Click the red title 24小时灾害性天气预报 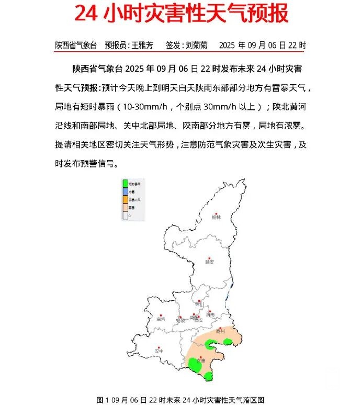pyautogui.click(x=181, y=14)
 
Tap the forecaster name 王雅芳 pyautogui.click(x=141, y=45)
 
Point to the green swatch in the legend pyautogui.click(x=125, y=184)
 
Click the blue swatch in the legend pyautogui.click(x=125, y=192)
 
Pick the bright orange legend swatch pyautogui.click(x=125, y=200)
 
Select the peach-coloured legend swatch pyautogui.click(x=125, y=207)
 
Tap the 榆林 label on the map pyautogui.click(x=216, y=217)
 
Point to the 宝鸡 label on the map pyautogui.click(x=160, y=318)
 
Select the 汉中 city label pyautogui.click(x=159, y=351)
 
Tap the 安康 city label pyautogui.click(x=199, y=361)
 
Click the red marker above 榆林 pyautogui.click(x=215, y=211)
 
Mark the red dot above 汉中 pyautogui.click(x=159, y=345)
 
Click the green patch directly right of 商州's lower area pyautogui.click(x=228, y=341)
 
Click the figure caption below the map pyautogui.click(x=180, y=399)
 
